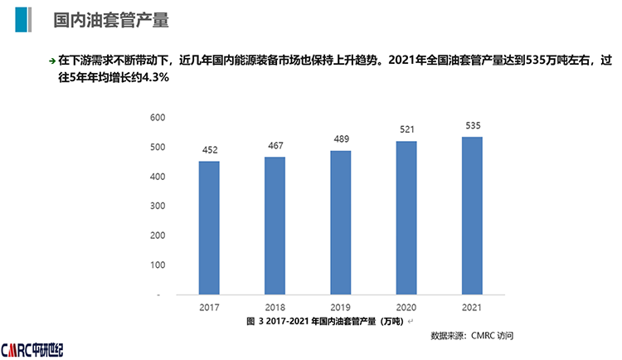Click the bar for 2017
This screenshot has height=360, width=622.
click(x=209, y=227)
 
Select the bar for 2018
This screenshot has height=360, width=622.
click(x=275, y=225)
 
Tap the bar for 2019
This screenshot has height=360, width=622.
click(x=340, y=222)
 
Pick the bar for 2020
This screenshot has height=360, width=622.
click(x=406, y=217)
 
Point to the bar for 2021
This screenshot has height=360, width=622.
click(x=472, y=215)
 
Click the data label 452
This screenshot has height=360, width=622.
click(x=209, y=150)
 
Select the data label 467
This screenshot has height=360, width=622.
click(x=275, y=146)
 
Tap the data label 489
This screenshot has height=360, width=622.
click(x=340, y=139)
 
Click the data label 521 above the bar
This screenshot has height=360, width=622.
click(x=406, y=129)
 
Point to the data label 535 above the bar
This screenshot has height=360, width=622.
click(x=472, y=125)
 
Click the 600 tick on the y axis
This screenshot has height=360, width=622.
click(x=158, y=118)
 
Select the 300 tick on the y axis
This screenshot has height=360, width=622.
click(x=158, y=207)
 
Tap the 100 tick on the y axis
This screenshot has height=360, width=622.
click(x=158, y=265)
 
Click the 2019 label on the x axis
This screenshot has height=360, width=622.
click(x=340, y=307)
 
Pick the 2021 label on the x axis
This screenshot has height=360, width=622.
click(x=472, y=307)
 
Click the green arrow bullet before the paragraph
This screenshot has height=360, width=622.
click(x=52, y=61)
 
